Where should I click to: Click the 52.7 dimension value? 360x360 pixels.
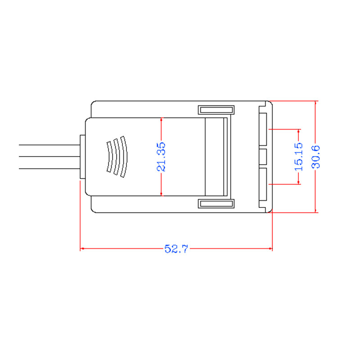(176, 249)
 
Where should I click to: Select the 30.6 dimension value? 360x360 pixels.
(316, 157)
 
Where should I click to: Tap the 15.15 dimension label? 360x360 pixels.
(299, 157)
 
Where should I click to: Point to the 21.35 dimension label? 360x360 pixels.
(161, 157)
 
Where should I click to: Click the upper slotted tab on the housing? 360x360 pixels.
(216, 110)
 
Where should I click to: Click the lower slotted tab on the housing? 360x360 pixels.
(216, 204)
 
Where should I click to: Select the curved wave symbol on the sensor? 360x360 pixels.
(117, 157)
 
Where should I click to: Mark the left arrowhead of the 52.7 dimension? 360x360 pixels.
(82, 249)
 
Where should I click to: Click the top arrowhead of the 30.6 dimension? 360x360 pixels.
(316, 103)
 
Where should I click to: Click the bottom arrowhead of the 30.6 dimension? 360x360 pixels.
(316, 210)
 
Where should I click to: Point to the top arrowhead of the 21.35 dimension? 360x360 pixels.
(161, 120)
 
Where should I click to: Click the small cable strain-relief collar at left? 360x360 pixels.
(81, 157)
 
